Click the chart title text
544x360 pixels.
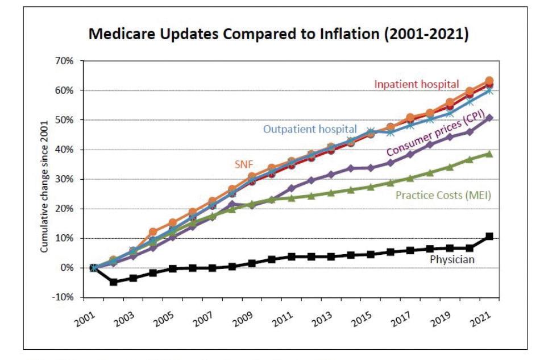click(278, 35)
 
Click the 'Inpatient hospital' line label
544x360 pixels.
click(416, 84)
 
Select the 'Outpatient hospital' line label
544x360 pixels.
click(310, 129)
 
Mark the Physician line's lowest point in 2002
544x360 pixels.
click(113, 282)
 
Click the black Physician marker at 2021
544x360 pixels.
click(489, 236)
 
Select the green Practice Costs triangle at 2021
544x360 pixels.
click(489, 154)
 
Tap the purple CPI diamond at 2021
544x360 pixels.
click(489, 118)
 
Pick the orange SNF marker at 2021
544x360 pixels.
click(489, 81)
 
